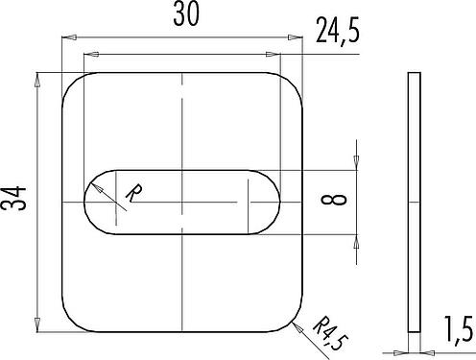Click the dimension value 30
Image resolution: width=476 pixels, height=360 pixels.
pos(186,14)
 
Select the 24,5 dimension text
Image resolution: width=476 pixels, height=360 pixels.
pos(338,31)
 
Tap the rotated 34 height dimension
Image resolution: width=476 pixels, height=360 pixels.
pos(13,198)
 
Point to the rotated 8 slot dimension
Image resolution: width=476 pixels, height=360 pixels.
pos(334,200)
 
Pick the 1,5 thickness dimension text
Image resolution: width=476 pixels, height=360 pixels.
pos(459,328)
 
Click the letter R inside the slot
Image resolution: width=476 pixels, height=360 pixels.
pos(134,193)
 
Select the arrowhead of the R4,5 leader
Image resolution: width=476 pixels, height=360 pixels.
pos(297,327)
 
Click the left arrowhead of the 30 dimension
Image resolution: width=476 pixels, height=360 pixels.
pos(69,37)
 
